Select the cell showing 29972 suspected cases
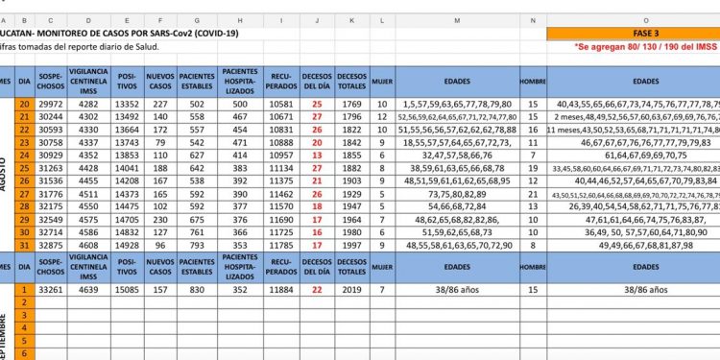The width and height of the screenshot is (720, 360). [51, 105]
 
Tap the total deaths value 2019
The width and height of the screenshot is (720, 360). [351, 288]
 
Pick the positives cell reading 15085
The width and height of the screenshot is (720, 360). [128, 288]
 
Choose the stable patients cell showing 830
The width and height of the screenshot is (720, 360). [197, 288]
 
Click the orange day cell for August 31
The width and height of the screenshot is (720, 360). [24, 244]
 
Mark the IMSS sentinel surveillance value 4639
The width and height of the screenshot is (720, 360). [89, 288]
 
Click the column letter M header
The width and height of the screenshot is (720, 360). [455, 19]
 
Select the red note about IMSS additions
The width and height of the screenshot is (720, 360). [646, 46]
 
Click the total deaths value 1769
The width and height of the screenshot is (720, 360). [351, 105]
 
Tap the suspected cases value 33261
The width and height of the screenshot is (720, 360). [51, 288]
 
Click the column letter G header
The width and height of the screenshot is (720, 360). [197, 19]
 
